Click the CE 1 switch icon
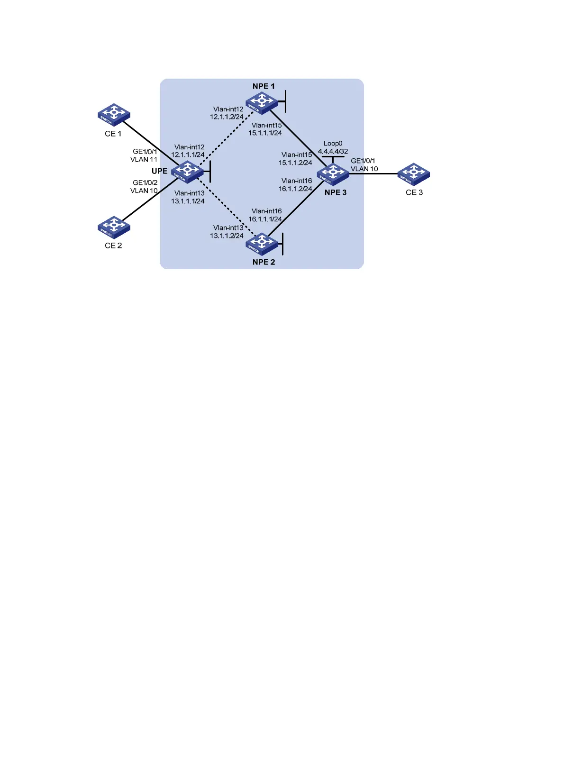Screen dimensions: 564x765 click(114, 115)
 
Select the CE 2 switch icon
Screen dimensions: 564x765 click(114, 227)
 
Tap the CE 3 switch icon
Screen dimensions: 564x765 click(413, 174)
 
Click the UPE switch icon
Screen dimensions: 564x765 click(187, 172)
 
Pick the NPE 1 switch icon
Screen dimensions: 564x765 click(261, 103)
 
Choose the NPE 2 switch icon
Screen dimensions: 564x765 click(262, 244)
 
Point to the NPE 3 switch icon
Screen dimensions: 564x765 click(333, 174)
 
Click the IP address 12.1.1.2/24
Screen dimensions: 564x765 click(227, 117)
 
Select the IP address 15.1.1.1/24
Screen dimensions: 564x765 click(265, 133)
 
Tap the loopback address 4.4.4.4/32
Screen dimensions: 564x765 click(333, 152)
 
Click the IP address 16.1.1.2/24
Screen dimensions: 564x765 click(295, 189)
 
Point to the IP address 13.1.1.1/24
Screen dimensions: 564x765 click(188, 201)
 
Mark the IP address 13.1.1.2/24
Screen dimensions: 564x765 click(227, 236)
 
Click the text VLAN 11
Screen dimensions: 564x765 click(144, 160)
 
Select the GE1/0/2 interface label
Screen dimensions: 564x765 click(145, 182)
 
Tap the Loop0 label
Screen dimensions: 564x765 click(333, 144)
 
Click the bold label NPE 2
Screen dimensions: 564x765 click(264, 262)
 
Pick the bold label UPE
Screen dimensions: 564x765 click(159, 171)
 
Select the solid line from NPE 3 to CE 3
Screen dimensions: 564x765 click(373, 174)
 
